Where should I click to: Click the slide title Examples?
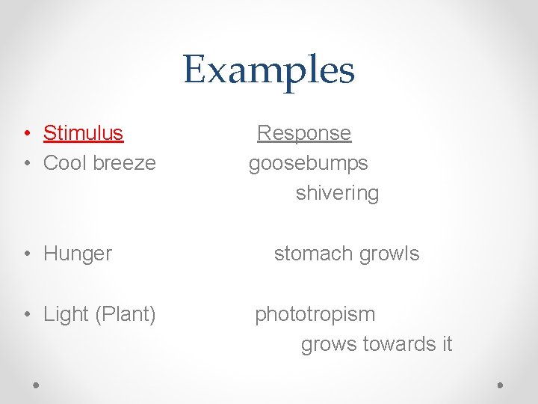[x=268, y=70]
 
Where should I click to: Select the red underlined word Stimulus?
[x=83, y=133]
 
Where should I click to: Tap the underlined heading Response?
[x=303, y=133]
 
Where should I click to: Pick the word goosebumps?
[x=308, y=162]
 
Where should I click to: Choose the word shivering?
[x=337, y=193]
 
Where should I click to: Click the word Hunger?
[x=78, y=254]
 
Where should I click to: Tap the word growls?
[x=389, y=254]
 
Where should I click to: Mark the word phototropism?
[x=315, y=314]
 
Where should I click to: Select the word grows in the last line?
[x=329, y=345]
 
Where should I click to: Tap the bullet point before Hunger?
[x=26, y=254]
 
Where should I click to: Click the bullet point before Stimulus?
[x=26, y=134]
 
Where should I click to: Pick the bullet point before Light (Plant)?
[x=26, y=315]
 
